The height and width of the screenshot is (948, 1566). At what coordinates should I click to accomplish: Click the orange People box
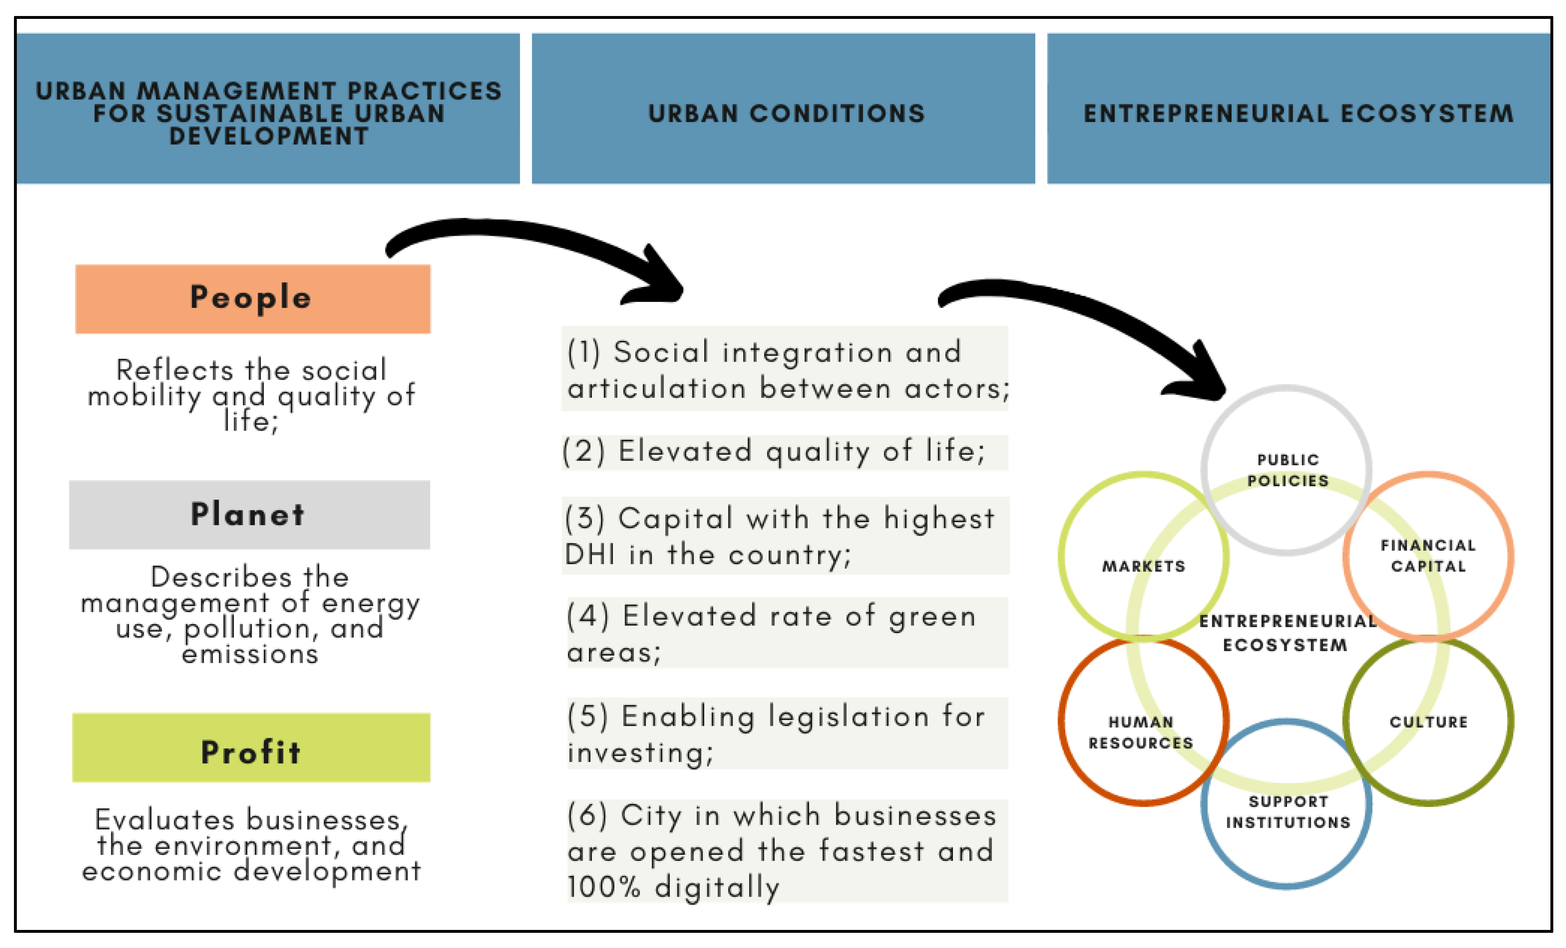click(x=252, y=299)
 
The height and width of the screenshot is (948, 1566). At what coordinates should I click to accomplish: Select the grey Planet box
click(x=249, y=514)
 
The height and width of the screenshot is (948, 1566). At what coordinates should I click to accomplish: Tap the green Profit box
click(x=251, y=748)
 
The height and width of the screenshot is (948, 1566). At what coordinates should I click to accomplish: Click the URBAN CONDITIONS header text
click(x=786, y=114)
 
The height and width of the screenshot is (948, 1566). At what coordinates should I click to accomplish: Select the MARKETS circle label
click(x=1143, y=566)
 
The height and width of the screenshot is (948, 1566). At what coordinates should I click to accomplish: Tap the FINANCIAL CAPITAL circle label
click(x=1428, y=555)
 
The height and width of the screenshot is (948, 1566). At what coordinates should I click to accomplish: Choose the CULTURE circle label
click(x=1428, y=722)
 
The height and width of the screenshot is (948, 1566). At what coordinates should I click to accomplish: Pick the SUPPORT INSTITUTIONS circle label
click(x=1288, y=812)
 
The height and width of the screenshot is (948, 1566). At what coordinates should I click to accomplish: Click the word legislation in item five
click(x=849, y=716)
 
